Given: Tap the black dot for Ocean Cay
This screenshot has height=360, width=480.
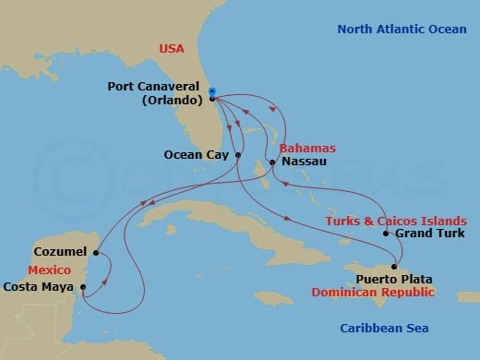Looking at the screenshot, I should pos(238,155).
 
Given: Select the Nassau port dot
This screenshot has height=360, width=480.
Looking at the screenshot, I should pos(271,163).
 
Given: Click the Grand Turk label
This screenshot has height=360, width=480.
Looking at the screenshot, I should pos(425,234).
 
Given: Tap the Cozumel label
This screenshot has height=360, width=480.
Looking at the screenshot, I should pos(59,251).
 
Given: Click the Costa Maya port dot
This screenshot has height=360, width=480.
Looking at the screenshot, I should pos(84,286).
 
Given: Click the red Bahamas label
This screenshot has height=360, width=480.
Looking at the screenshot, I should pos(309,148).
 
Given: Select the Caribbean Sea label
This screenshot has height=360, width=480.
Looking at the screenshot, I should pos(384,328).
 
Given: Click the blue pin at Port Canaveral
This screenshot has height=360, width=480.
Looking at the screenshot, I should pos(212,91).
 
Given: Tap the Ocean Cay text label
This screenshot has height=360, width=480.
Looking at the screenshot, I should pos(196,155).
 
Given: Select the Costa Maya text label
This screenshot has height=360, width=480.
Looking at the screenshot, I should pos(39,286).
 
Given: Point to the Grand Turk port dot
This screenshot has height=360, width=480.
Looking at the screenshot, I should pos(386,234).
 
